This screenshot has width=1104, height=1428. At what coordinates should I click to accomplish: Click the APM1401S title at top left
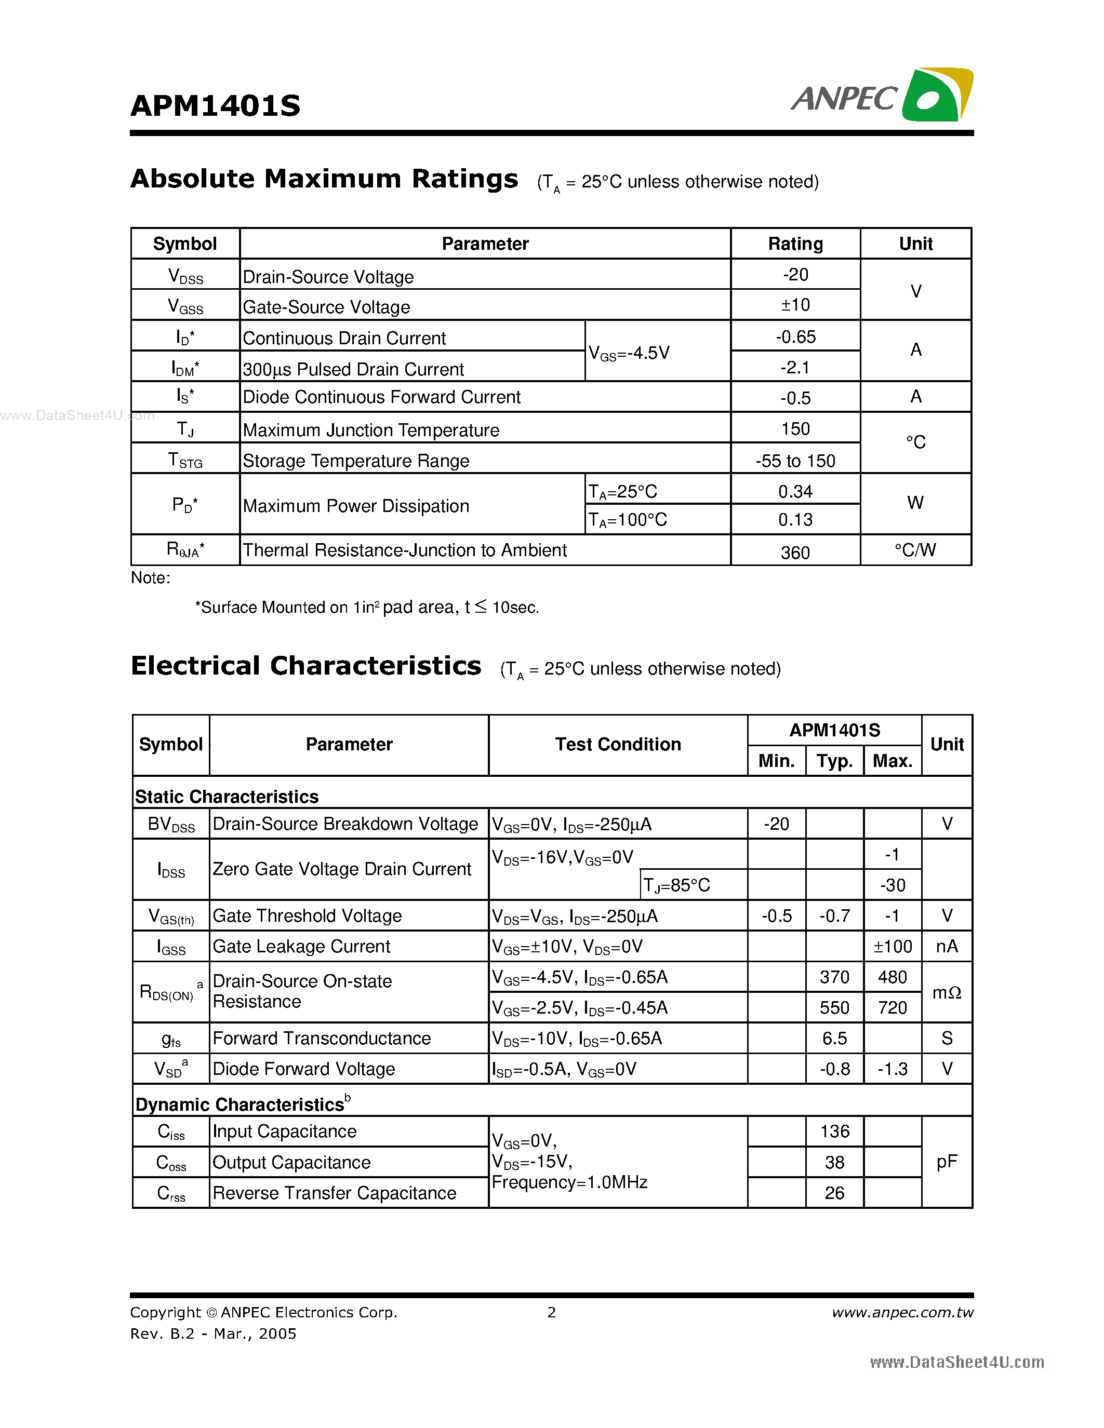click(215, 106)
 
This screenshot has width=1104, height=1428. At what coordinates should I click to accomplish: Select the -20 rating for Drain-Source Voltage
click(795, 275)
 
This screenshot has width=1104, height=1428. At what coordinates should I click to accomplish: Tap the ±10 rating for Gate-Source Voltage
click(795, 305)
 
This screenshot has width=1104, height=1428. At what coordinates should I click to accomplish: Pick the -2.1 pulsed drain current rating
click(795, 368)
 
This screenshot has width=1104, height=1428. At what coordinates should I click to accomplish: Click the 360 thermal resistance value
click(795, 553)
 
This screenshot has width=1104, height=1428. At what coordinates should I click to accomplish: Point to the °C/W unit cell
click(915, 550)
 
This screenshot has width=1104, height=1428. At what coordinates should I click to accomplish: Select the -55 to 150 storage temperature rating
click(795, 461)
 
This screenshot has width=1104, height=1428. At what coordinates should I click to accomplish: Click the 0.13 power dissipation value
click(795, 520)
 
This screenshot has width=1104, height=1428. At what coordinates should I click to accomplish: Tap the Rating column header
click(795, 244)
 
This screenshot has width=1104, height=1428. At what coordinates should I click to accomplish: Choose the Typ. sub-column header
click(834, 761)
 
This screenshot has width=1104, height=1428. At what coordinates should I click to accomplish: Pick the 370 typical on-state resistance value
click(834, 977)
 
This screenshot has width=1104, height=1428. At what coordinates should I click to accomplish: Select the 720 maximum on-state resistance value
click(892, 1007)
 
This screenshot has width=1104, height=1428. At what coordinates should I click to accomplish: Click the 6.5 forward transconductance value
click(834, 1039)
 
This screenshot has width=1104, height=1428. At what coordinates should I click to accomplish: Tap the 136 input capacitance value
click(834, 1131)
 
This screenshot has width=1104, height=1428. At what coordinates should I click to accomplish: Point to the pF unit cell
click(947, 1162)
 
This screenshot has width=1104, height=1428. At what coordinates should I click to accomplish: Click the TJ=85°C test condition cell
click(677, 885)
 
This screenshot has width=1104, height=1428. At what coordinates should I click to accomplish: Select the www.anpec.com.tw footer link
click(902, 1312)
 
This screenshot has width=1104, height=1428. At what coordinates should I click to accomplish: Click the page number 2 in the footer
click(551, 1312)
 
